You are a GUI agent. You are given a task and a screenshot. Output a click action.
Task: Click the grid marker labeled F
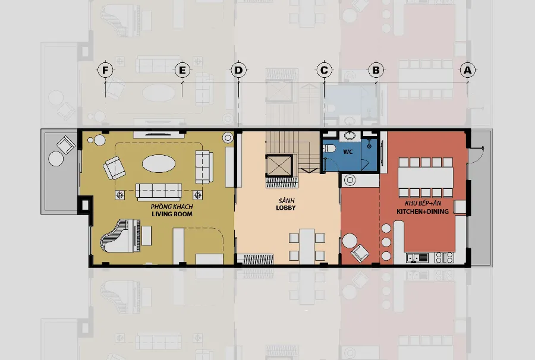click(105, 70)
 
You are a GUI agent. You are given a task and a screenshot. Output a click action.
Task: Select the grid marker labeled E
click(182, 70)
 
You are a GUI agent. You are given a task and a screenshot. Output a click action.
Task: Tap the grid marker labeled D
click(238, 70)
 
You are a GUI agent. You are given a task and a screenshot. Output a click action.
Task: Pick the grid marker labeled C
click(324, 70)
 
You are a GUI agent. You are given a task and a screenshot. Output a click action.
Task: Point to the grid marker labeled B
click(376, 70)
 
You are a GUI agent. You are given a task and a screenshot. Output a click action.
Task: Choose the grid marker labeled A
click(467, 70)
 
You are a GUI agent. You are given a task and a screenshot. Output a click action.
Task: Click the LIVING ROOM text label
click(172, 214)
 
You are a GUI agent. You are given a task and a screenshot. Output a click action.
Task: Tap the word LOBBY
click(286, 207)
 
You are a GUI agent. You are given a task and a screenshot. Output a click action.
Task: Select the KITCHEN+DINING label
click(423, 211)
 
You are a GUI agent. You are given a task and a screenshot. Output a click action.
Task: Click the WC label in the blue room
click(348, 151)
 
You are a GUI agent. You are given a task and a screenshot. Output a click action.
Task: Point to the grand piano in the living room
click(120, 236)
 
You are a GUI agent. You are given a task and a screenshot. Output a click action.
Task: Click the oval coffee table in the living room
click(159, 163)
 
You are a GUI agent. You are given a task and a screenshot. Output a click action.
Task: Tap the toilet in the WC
click(329, 149)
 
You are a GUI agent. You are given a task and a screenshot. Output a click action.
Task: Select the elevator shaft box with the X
click(279, 166)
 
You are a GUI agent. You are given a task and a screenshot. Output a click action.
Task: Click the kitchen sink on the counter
click(417, 257)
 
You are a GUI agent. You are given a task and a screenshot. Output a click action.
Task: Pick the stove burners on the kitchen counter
click(444, 257)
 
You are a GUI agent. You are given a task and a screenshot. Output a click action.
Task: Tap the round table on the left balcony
click(56, 159)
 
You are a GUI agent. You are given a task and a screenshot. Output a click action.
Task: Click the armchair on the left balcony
click(66, 144)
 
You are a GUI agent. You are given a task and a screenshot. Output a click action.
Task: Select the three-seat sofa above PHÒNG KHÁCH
click(159, 192)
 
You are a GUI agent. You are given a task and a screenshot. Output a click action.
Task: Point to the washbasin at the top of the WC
click(350, 135)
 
